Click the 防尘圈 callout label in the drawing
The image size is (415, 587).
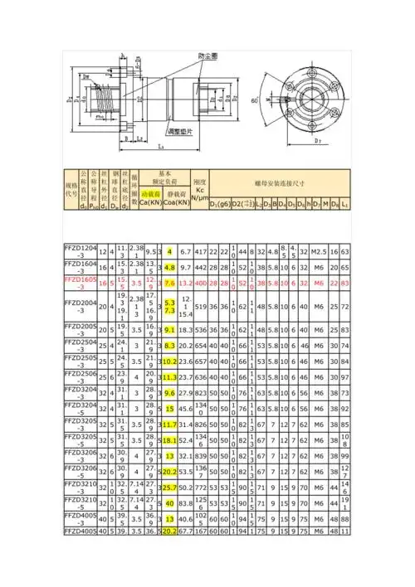pos(209,56)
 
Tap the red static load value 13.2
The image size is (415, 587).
pos(185,284)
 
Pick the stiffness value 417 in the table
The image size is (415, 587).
pos(200,250)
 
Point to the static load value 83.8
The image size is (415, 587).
pos(185,502)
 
